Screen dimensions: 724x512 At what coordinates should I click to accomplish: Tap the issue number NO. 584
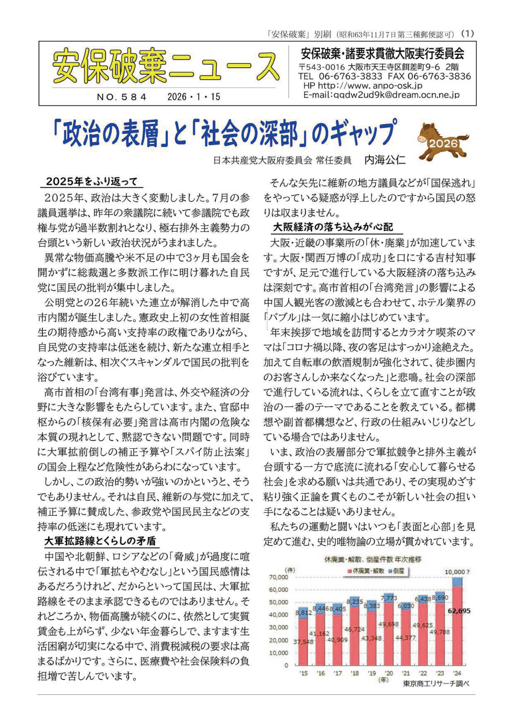coord(122,97)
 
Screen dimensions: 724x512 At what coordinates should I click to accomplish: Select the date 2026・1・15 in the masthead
coord(194,97)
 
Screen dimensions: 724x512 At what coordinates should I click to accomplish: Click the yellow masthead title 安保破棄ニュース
coord(165,66)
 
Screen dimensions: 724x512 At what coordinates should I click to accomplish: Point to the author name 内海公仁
coord(385,160)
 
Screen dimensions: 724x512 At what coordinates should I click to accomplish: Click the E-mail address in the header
coord(381,95)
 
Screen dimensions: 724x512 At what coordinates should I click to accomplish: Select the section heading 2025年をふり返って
coord(91,182)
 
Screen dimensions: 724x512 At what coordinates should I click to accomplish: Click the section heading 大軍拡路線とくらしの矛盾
coord(100,541)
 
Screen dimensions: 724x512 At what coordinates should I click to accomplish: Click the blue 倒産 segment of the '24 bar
coord(457,582)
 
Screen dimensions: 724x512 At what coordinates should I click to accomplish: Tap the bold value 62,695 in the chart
coord(459,611)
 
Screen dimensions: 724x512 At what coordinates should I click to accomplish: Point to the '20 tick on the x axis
coord(389,673)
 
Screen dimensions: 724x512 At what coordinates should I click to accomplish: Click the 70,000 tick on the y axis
coord(279,577)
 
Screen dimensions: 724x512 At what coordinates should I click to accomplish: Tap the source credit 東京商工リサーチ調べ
coord(436,684)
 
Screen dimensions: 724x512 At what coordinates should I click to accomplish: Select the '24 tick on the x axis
coord(457,673)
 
